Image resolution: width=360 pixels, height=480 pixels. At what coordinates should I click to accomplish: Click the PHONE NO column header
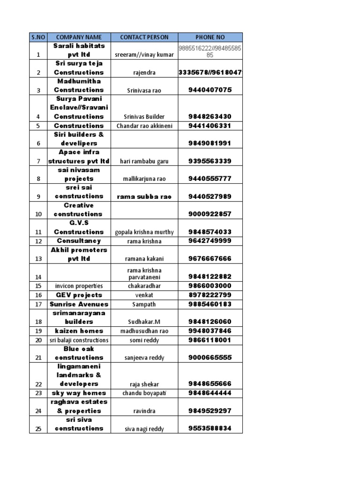point(210,37)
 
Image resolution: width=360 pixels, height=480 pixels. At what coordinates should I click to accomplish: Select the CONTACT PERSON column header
point(144,37)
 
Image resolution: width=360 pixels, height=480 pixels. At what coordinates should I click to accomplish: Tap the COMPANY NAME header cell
point(79,37)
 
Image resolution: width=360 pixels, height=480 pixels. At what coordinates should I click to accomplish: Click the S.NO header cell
point(38,37)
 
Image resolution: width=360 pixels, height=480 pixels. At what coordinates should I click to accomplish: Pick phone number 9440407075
point(210,90)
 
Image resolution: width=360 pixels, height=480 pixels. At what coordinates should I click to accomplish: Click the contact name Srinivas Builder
point(144,117)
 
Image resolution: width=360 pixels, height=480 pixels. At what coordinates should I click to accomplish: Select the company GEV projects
point(79,295)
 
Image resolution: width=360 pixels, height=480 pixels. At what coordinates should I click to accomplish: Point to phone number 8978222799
point(210,295)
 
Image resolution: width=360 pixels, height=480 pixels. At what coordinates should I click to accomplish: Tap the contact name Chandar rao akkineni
point(144,126)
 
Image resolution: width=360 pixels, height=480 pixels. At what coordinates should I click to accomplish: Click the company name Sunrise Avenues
point(79,304)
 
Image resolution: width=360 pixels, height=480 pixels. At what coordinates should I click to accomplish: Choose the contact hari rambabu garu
point(144,161)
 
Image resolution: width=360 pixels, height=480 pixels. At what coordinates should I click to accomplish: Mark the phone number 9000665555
point(210,358)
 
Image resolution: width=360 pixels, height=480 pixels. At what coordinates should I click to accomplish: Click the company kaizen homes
point(79,331)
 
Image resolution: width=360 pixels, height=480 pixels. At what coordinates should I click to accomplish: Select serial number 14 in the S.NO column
point(38,277)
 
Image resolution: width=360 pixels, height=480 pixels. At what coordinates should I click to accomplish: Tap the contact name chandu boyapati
point(144,393)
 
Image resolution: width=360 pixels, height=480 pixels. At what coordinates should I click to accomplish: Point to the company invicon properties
point(79,286)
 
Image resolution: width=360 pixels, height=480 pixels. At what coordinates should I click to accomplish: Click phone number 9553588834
point(210,428)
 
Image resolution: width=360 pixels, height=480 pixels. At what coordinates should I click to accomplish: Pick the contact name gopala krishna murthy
point(144,232)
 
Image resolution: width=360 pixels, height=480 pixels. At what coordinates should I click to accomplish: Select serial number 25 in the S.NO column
point(38,428)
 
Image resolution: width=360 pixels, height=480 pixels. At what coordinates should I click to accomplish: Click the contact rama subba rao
point(144,196)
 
